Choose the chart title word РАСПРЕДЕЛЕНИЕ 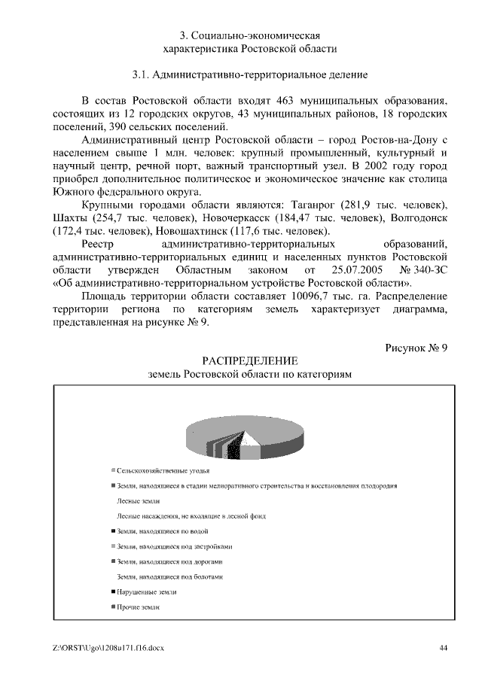click(249, 360)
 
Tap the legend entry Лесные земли click(138, 500)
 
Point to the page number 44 click(444, 646)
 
